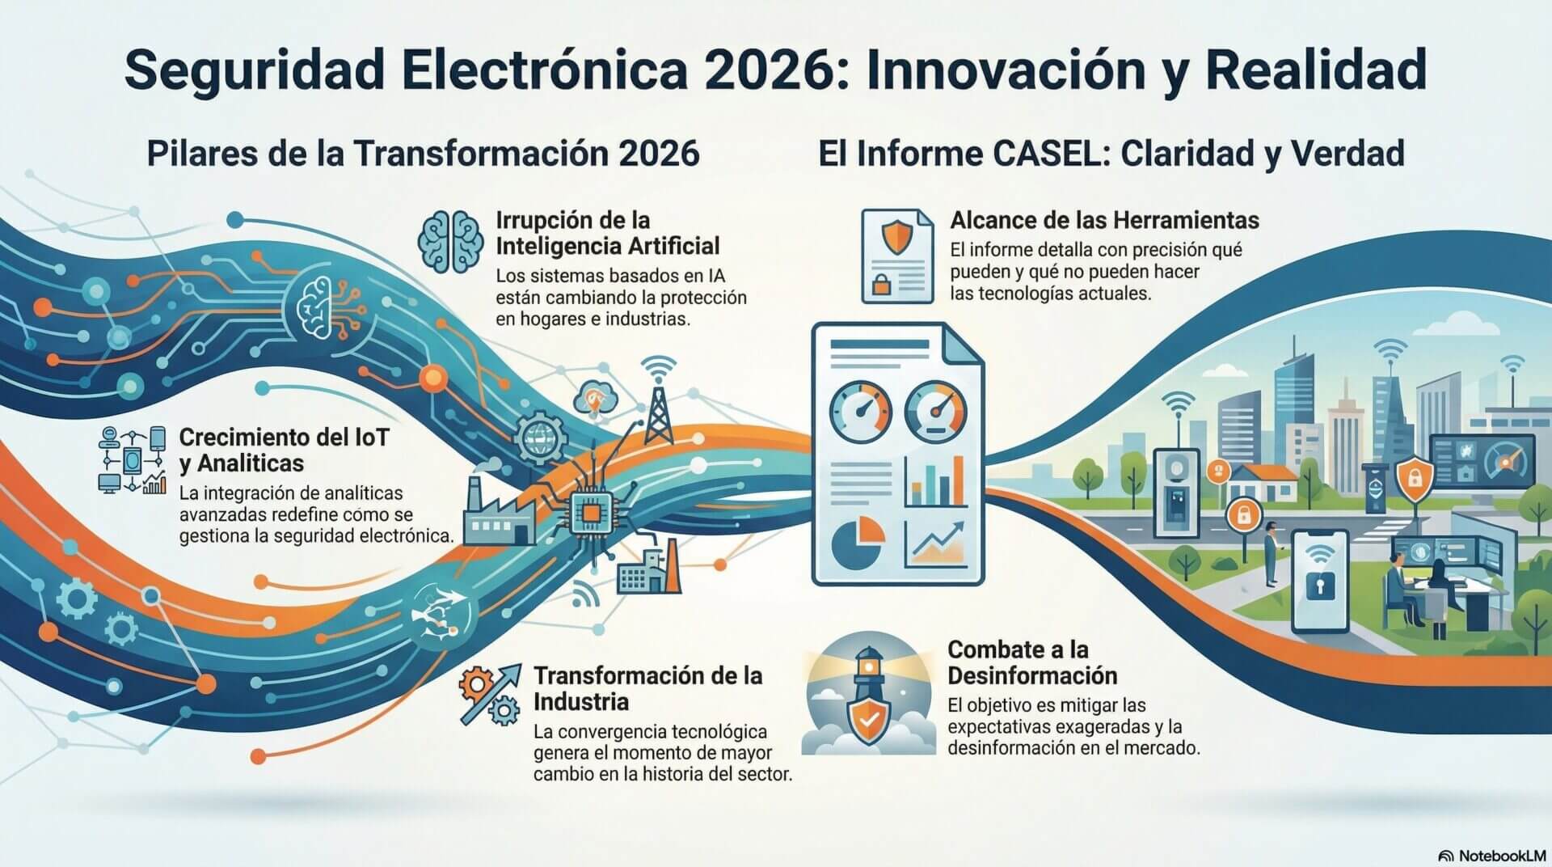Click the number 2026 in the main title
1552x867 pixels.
point(775,70)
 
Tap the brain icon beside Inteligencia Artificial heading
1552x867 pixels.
point(450,241)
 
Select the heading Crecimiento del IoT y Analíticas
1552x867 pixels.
point(283,450)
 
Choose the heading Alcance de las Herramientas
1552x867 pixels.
point(1104,220)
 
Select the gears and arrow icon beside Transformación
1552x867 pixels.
point(488,693)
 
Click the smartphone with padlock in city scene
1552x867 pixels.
point(1319,580)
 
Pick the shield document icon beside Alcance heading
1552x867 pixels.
point(897,256)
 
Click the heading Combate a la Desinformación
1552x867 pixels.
point(1031,662)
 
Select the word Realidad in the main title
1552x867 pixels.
point(1316,70)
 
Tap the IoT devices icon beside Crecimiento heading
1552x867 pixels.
point(132,460)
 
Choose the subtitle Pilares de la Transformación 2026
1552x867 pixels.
point(423,153)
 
